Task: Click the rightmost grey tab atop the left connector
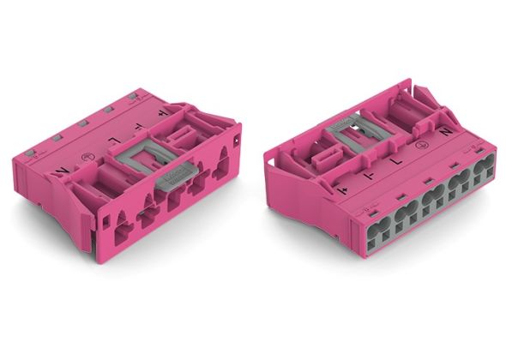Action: (x=133, y=97)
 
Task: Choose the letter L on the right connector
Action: (x=396, y=160)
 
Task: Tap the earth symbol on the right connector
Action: (x=420, y=145)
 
